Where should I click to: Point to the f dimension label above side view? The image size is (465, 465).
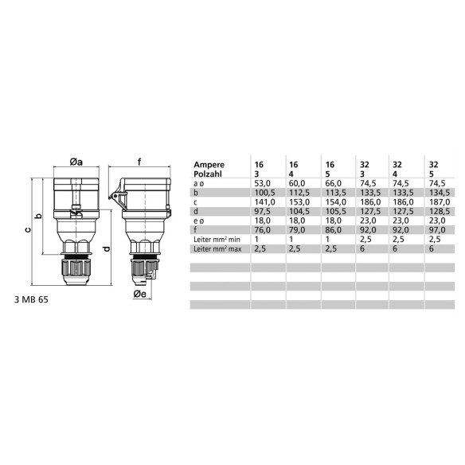(140, 162)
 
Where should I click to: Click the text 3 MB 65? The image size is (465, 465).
(32, 301)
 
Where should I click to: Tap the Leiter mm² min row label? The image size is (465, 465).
(218, 240)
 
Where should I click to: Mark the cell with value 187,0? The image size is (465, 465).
(438, 201)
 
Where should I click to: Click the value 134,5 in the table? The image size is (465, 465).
(438, 192)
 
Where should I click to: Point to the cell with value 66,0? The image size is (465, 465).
(333, 182)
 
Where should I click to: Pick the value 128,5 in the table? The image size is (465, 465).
(438, 211)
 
